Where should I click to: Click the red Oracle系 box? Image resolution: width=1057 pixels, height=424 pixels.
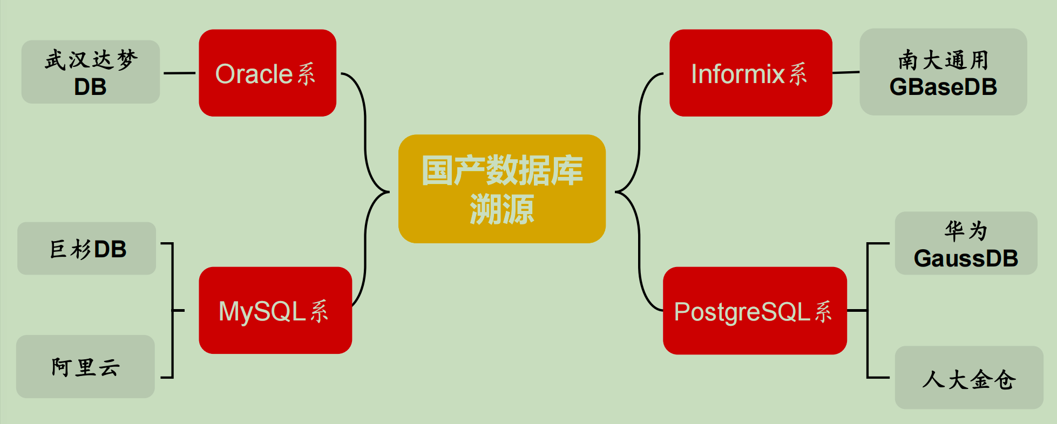tap(267, 73)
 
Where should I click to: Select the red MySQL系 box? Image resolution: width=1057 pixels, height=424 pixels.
tap(275, 310)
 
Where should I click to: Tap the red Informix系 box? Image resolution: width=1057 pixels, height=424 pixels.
tap(750, 73)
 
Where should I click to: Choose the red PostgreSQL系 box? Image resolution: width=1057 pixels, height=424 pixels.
tap(755, 311)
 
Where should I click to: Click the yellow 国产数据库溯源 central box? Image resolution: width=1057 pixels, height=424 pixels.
tap(502, 189)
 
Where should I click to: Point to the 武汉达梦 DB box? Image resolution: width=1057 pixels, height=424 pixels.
tap(90, 72)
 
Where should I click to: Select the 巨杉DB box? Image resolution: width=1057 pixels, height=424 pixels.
tap(86, 249)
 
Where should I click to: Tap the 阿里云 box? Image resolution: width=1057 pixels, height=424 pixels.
tap(85, 367)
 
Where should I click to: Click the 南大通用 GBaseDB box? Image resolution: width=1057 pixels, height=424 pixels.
tap(943, 72)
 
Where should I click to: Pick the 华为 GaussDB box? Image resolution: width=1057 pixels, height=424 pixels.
tap(966, 243)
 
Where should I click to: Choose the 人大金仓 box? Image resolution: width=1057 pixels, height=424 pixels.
tap(968, 378)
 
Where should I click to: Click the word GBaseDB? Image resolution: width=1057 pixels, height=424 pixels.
tap(943, 87)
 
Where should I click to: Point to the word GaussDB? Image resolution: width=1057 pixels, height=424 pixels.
tap(966, 258)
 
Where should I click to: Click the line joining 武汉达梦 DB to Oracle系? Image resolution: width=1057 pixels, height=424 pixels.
tap(179, 73)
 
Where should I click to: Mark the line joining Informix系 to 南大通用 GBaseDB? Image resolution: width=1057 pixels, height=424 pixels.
tap(846, 72)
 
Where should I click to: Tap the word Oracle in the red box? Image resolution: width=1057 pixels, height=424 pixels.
tap(254, 74)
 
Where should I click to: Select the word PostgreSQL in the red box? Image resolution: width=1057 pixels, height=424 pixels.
tap(742, 312)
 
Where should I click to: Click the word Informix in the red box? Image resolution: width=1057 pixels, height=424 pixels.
tap(737, 74)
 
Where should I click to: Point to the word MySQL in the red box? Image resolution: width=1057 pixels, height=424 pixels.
tap(262, 311)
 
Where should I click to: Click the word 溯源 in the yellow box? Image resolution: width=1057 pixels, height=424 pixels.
tap(502, 209)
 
